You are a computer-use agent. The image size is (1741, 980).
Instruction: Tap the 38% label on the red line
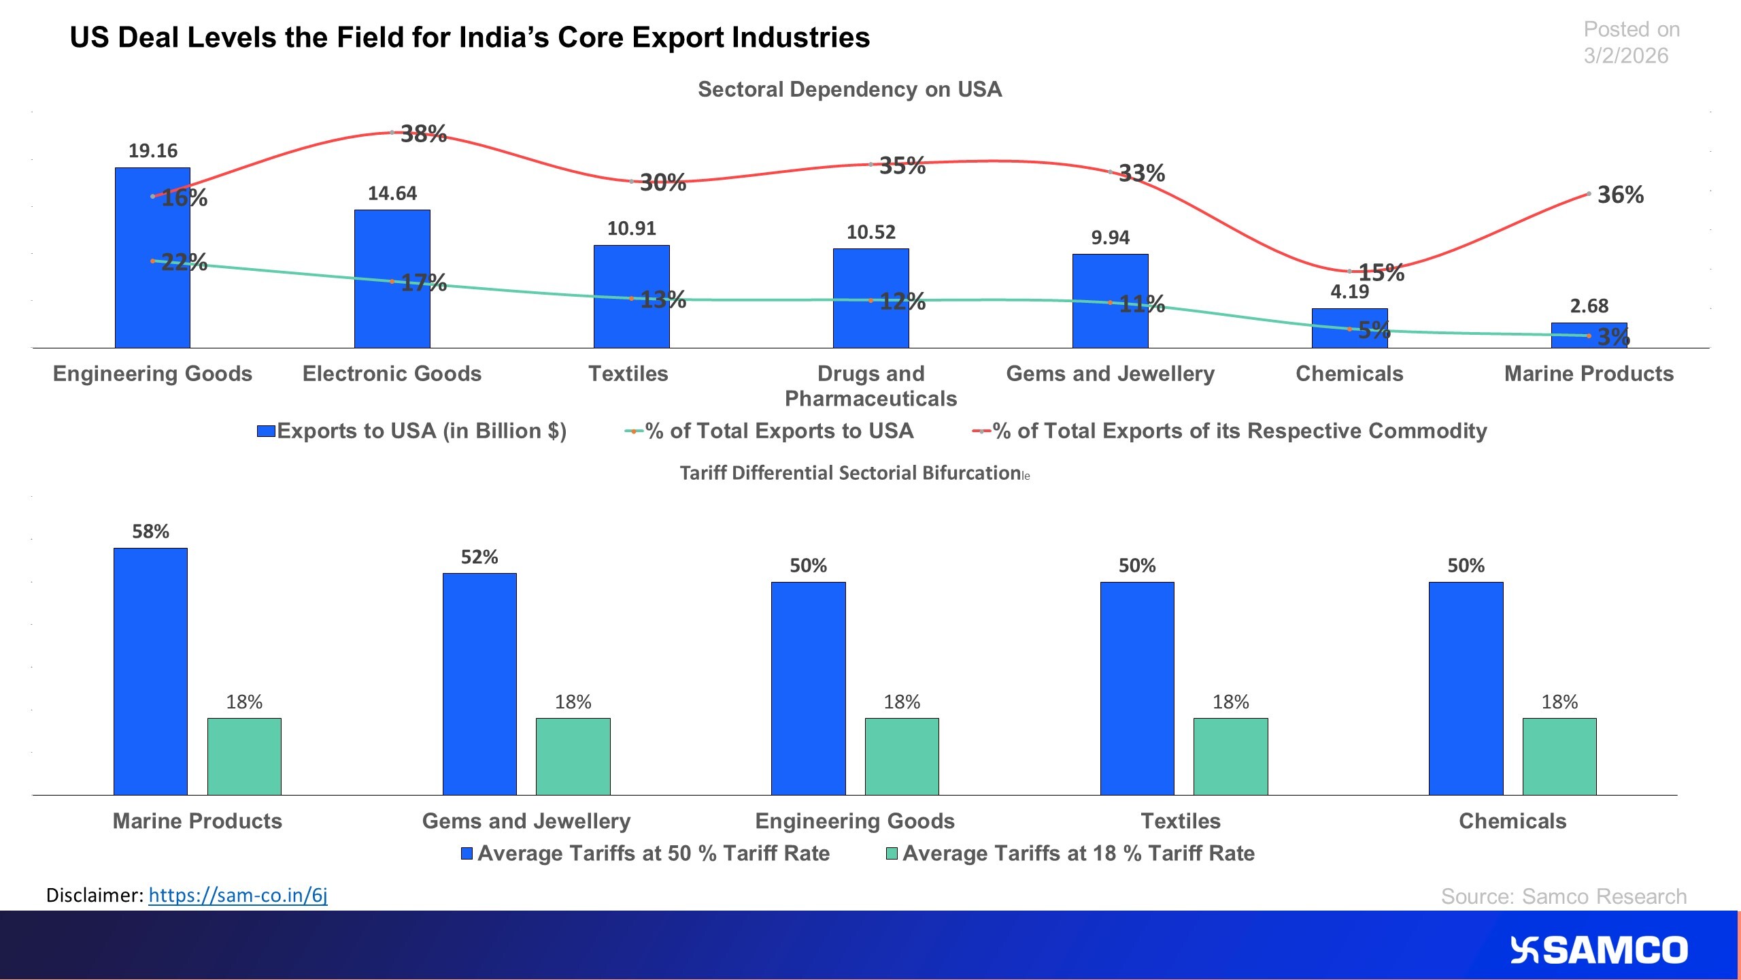tap(423, 134)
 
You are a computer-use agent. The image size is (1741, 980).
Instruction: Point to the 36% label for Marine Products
tap(1620, 195)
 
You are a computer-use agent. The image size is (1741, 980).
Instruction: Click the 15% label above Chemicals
tap(1381, 273)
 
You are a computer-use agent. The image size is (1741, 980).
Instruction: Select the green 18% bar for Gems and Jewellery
tap(573, 756)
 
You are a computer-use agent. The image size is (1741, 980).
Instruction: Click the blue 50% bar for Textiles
tap(1136, 687)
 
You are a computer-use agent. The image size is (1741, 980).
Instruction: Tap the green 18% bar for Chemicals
tap(1559, 756)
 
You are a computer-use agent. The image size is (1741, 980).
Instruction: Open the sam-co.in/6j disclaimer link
tap(237, 895)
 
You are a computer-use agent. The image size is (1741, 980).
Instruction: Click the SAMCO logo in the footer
tap(1598, 950)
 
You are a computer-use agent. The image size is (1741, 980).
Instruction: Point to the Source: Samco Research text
tap(1563, 896)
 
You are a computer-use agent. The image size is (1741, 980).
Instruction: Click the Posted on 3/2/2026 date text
tap(1631, 42)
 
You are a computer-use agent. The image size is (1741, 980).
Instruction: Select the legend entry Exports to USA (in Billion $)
tap(420, 431)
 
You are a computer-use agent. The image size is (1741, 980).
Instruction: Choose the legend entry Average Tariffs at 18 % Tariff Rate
tap(1077, 853)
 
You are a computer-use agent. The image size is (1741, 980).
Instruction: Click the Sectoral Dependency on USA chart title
tap(849, 89)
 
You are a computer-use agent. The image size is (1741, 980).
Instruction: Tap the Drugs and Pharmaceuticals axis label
tap(870, 386)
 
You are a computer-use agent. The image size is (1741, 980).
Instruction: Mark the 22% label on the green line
tap(184, 262)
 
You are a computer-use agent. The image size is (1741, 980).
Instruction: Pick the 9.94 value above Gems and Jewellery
tap(1110, 238)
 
